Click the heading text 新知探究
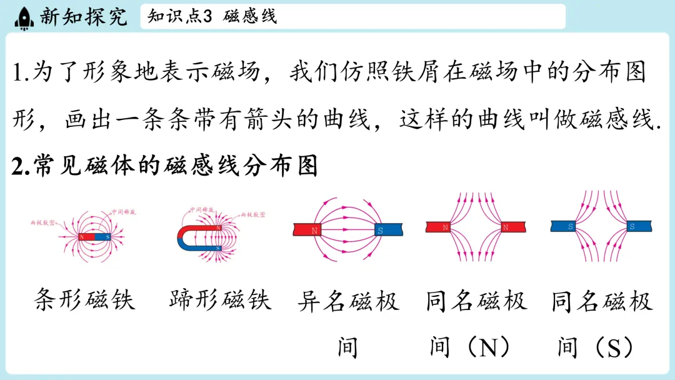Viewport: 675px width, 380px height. pos(82,17)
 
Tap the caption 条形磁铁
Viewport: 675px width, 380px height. pos(84,301)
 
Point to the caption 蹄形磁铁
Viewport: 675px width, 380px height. pos(221,301)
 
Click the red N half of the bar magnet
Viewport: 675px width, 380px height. pos(87,237)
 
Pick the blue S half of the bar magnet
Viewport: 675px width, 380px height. pos(103,237)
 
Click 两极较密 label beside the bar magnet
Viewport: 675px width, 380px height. pos(44,222)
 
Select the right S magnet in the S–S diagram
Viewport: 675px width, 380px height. pos(637,226)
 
